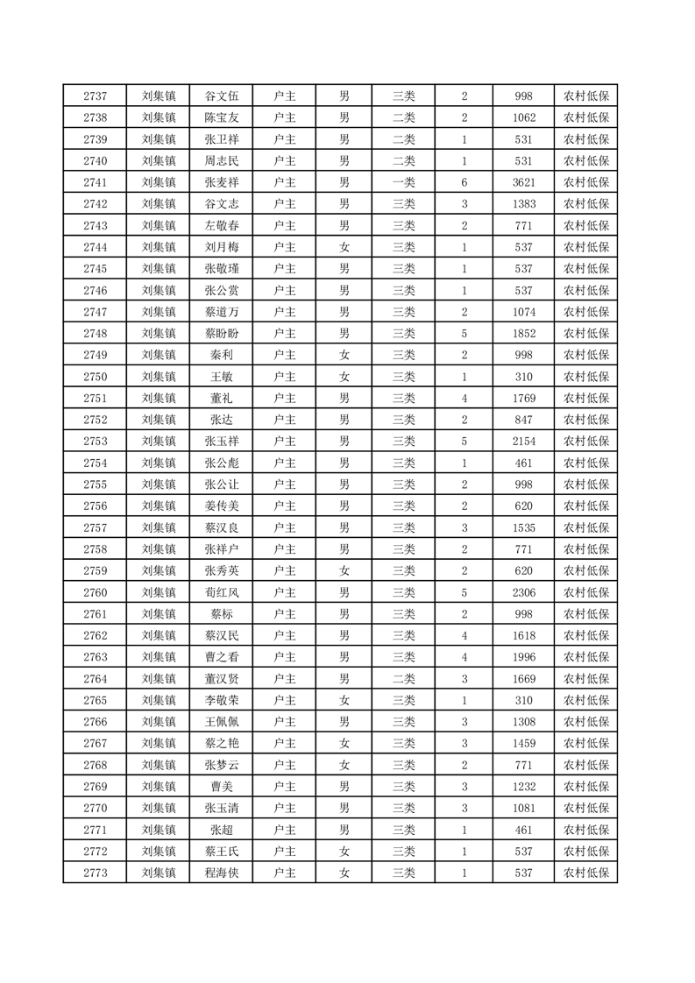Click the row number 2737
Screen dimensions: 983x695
[x=95, y=96]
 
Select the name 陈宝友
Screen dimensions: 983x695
[x=221, y=117]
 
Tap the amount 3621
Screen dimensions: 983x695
[x=524, y=182]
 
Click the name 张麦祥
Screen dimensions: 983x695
[x=221, y=182]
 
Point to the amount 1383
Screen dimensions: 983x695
[x=524, y=204]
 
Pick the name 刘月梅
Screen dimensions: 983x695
[x=221, y=247]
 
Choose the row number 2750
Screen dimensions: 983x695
[x=95, y=377]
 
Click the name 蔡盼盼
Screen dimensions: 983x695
[x=221, y=334]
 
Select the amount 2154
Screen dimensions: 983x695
[x=524, y=442]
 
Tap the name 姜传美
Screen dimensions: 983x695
[x=221, y=506]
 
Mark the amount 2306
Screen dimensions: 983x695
[x=524, y=592]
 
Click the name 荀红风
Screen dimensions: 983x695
[x=221, y=592]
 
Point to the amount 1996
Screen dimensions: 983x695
[x=524, y=657]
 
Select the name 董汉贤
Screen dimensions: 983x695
[x=221, y=679]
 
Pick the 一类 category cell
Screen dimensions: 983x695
[x=403, y=182]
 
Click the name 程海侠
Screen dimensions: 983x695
[x=221, y=873]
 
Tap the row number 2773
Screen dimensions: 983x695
[x=95, y=873]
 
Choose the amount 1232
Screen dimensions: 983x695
[x=524, y=787]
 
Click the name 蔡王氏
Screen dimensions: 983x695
[x=221, y=852]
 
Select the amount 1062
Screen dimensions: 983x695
[x=524, y=117]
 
